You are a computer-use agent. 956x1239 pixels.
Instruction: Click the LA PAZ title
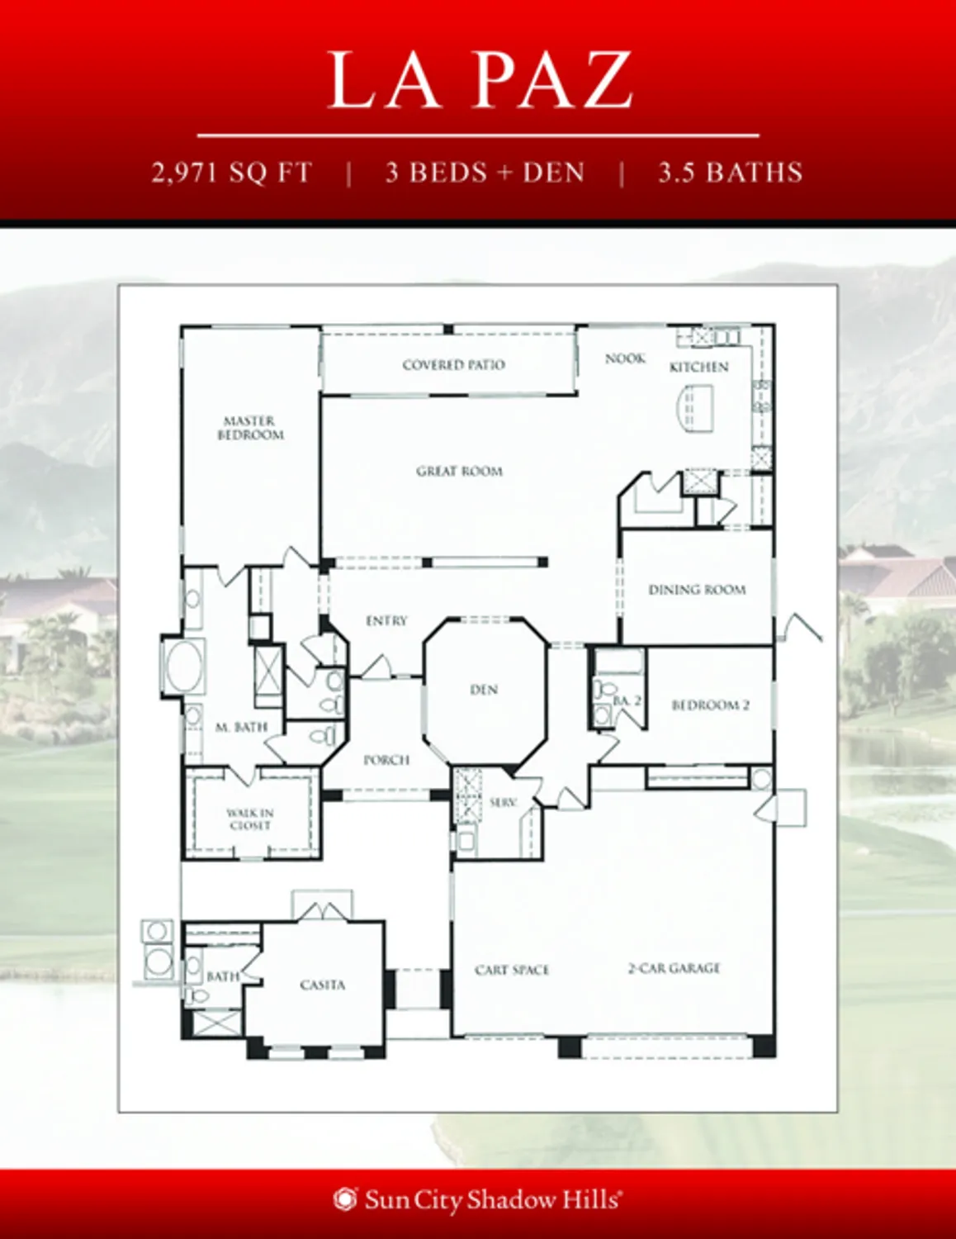click(x=479, y=80)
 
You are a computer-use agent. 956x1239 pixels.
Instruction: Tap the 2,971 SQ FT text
click(x=232, y=173)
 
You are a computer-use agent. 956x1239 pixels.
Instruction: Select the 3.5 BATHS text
click(x=730, y=173)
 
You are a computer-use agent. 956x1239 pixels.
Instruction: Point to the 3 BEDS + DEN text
click(x=485, y=173)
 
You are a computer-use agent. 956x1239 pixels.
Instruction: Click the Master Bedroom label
click(x=250, y=428)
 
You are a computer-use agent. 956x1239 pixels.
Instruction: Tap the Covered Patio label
click(x=453, y=364)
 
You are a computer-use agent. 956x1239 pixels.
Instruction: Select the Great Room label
click(x=459, y=471)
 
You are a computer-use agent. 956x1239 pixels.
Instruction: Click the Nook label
click(x=625, y=358)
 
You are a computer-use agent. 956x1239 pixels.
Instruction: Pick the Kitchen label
click(x=698, y=367)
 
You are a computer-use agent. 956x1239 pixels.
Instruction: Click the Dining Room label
click(x=697, y=590)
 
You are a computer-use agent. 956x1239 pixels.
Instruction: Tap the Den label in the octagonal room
click(x=484, y=689)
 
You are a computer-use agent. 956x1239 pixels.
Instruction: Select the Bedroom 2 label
click(x=710, y=705)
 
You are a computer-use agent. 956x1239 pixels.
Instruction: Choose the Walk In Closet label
click(x=250, y=819)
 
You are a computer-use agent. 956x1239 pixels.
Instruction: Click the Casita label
click(x=322, y=985)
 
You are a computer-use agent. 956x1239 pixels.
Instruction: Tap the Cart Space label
click(x=512, y=970)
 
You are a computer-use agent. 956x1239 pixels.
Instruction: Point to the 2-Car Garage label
click(x=674, y=968)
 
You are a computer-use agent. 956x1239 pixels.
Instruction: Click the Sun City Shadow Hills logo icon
click(x=345, y=1199)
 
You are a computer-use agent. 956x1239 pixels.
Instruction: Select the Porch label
click(x=386, y=760)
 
